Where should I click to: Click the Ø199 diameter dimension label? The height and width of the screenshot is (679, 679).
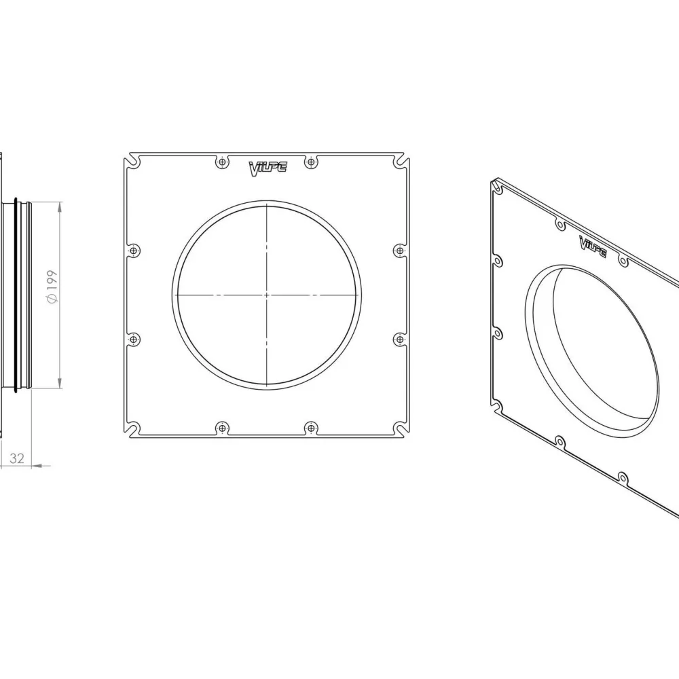52,287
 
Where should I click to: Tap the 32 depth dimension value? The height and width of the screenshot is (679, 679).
17,458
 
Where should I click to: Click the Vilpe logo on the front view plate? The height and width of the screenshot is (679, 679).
268,168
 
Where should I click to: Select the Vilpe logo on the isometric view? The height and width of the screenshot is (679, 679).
593,247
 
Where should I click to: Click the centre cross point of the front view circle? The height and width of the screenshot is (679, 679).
267,295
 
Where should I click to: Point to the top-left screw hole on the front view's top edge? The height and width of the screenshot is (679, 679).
222,162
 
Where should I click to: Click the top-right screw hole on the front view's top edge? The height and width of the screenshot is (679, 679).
311,162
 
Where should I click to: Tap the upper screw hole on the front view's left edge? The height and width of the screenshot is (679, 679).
134,251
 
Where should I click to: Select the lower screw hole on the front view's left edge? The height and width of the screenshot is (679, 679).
134,339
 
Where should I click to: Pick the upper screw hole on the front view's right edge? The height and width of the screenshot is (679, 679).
400,251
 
